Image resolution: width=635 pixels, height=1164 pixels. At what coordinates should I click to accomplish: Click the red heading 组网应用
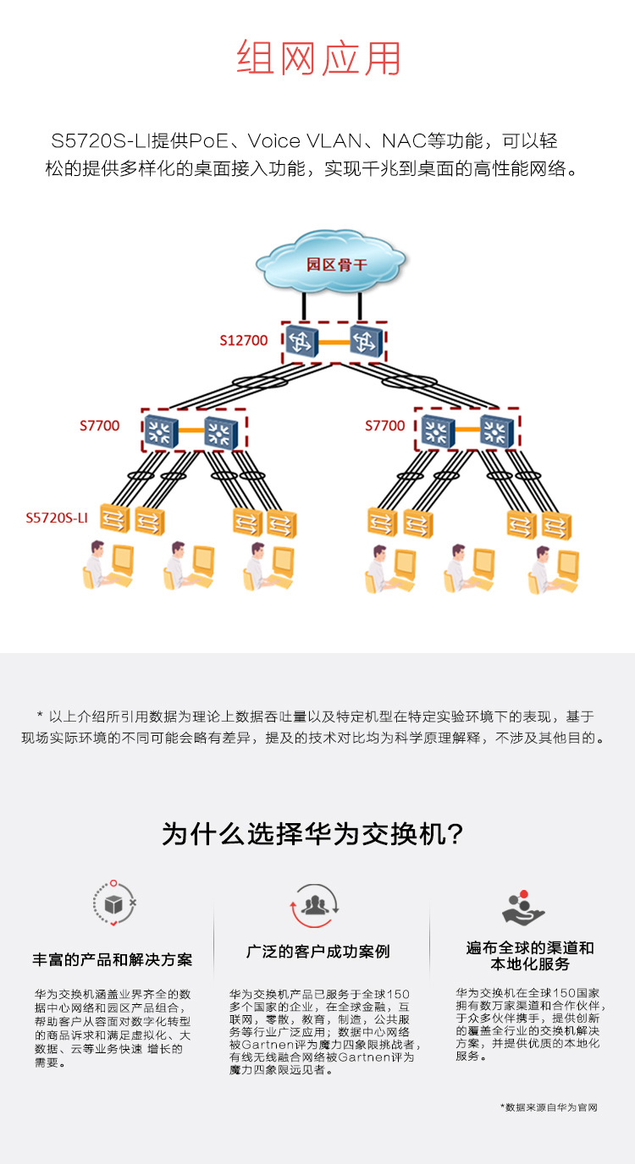(317, 58)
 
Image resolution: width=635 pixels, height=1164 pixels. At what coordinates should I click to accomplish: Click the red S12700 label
(244, 341)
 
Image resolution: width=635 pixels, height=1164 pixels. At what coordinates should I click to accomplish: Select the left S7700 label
(100, 426)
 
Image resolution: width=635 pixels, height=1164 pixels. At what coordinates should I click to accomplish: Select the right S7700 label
(385, 426)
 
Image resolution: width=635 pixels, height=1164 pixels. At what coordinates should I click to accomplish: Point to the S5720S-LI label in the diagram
(57, 517)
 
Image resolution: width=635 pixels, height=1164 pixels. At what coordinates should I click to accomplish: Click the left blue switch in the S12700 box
(299, 340)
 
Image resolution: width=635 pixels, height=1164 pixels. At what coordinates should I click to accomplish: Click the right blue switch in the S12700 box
(366, 340)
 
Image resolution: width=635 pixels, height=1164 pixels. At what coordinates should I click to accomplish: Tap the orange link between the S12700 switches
(333, 342)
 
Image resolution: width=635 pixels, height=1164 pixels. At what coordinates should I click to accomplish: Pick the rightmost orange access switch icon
(555, 524)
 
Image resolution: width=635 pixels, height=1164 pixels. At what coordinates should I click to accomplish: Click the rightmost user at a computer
(555, 568)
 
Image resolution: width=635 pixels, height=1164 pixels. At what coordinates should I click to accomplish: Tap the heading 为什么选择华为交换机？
(313, 834)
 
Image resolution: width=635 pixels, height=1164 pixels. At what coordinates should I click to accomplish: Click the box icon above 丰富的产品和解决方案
(113, 904)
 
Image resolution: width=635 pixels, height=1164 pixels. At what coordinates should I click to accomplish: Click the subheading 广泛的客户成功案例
(318, 952)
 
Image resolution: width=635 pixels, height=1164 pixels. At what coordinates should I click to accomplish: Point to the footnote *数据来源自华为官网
(549, 1106)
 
